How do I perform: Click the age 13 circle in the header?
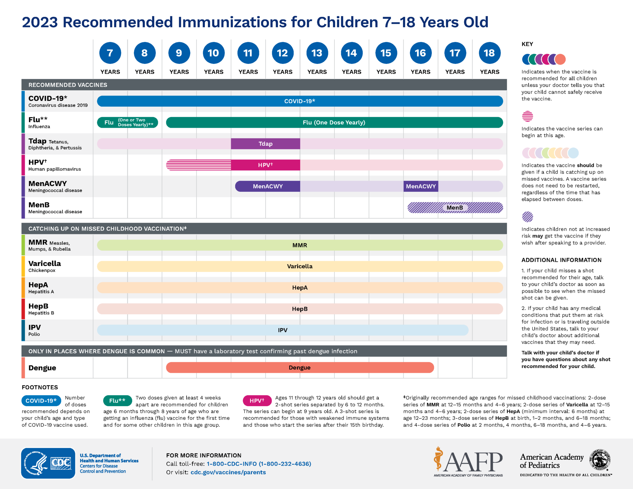click(x=317, y=53)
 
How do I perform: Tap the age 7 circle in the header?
click(x=110, y=53)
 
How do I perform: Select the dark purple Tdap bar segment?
click(x=265, y=144)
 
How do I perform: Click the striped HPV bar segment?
click(x=198, y=165)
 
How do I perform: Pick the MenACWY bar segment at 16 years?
click(x=421, y=186)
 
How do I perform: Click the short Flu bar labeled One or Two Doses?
click(x=127, y=122)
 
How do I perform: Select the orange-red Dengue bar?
click(x=300, y=368)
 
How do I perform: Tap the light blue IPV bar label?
click(x=283, y=330)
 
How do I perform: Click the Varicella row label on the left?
click(x=45, y=266)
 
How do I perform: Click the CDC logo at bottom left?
click(x=48, y=463)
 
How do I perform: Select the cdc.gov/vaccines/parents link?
click(x=228, y=472)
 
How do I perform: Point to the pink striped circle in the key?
click(x=527, y=116)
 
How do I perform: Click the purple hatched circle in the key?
click(x=527, y=217)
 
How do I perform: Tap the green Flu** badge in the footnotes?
click(x=117, y=401)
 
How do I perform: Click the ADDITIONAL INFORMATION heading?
click(x=561, y=260)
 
